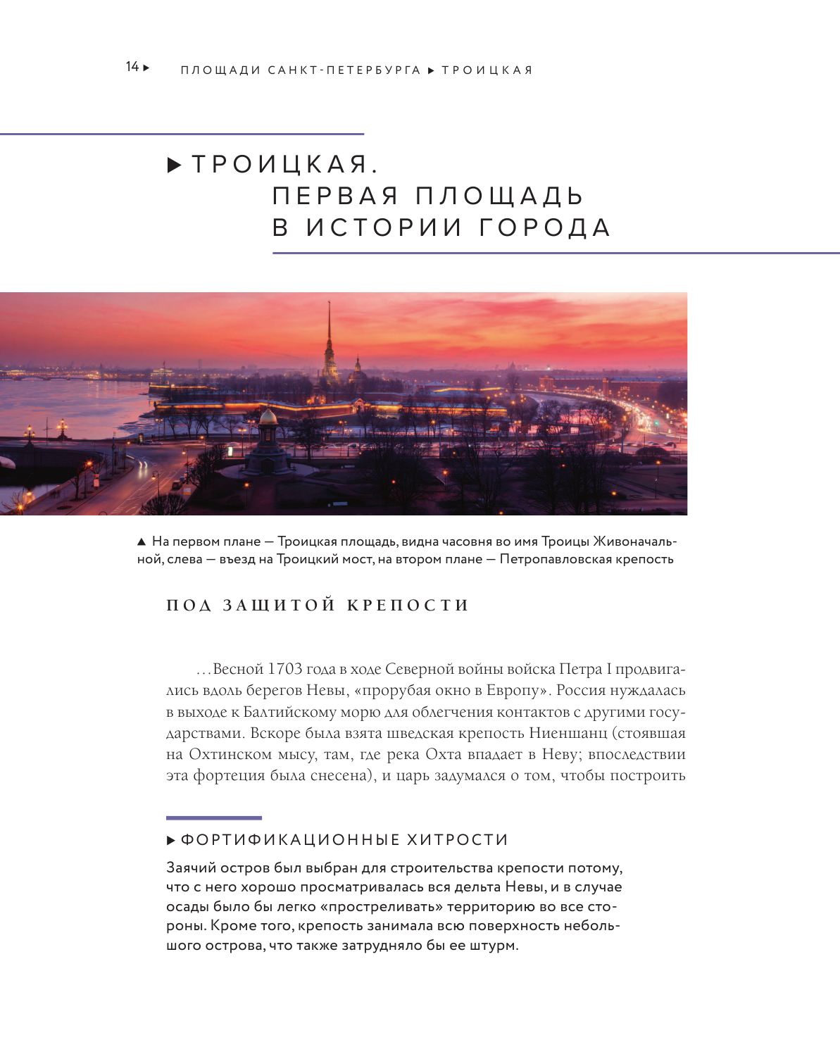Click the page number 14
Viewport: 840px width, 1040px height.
pyautogui.click(x=132, y=67)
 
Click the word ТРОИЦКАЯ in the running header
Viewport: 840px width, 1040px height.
pyautogui.click(x=487, y=70)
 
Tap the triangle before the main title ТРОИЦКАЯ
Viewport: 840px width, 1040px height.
pyautogui.click(x=174, y=166)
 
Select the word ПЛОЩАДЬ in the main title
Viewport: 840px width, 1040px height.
pyautogui.click(x=499, y=196)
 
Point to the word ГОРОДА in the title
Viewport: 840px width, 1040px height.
pyautogui.click(x=545, y=228)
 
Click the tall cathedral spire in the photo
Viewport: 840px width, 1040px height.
pyautogui.click(x=329, y=331)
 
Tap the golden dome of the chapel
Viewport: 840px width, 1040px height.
pyautogui.click(x=268, y=416)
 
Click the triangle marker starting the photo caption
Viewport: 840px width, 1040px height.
pyautogui.click(x=142, y=541)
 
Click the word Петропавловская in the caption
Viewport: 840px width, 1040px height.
pyautogui.click(x=556, y=559)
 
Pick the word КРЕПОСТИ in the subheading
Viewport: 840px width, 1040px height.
pyautogui.click(x=408, y=606)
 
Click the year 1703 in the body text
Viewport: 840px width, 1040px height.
pyautogui.click(x=285, y=669)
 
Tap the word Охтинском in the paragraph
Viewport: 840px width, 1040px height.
pyautogui.click(x=230, y=754)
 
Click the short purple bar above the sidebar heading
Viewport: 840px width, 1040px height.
pyautogui.click(x=214, y=817)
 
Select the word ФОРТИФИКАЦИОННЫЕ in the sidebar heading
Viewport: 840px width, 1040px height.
pyautogui.click(x=290, y=840)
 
